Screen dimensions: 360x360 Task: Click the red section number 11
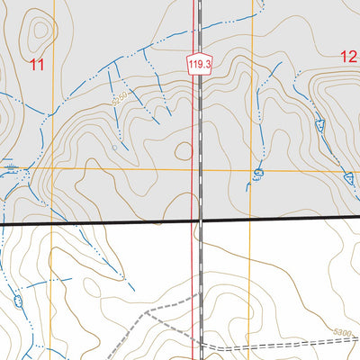[37, 64]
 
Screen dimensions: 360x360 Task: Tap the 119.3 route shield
[200, 64]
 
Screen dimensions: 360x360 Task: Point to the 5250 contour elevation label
[121, 102]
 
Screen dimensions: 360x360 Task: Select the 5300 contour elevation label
[339, 334]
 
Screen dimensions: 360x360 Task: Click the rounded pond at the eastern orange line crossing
[258, 172]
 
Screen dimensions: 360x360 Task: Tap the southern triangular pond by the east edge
[348, 177]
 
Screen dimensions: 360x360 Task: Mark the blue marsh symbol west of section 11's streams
[10, 167]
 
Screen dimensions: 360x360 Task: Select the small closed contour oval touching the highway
[184, 151]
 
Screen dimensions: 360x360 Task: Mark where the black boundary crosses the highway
[199, 220]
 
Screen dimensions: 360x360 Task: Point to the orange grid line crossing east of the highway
[252, 170]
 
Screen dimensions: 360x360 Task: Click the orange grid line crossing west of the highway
[53, 167]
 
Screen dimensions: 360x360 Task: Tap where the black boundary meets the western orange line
[53, 222]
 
